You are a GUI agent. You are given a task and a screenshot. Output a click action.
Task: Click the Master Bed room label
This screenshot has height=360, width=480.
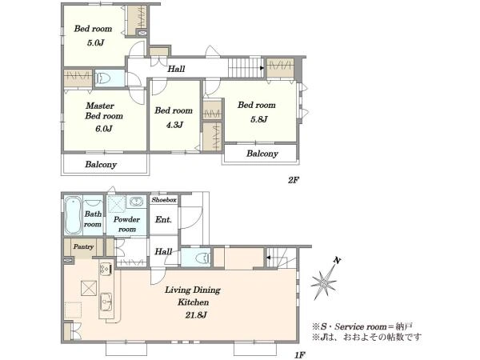(104, 111)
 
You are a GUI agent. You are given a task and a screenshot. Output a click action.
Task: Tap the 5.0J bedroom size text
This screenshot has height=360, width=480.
(95, 42)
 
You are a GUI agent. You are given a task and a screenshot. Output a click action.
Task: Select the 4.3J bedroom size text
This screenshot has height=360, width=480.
(174, 125)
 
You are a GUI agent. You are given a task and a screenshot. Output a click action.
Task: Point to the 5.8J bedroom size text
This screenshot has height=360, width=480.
(259, 119)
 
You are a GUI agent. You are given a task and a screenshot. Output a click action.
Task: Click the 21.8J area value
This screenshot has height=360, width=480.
(196, 314)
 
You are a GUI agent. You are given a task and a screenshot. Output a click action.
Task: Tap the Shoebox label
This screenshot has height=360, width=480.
(164, 200)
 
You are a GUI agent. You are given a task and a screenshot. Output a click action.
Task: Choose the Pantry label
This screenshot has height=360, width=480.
(83, 246)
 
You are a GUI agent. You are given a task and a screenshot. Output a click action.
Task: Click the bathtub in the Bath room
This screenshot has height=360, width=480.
(73, 215)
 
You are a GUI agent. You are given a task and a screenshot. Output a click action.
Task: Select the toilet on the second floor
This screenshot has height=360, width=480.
(103, 78)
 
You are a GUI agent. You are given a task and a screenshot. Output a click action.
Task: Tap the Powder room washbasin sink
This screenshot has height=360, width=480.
(136, 202)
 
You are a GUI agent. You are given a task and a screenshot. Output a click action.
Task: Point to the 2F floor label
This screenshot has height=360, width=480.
(293, 180)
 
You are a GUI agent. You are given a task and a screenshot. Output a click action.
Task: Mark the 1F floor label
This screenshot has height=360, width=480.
(300, 355)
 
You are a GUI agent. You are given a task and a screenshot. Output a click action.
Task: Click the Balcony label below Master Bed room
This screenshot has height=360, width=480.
(101, 165)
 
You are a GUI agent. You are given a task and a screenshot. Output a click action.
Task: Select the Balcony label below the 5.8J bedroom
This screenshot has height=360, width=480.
(262, 154)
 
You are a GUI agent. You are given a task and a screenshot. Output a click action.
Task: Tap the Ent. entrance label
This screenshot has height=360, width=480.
(163, 219)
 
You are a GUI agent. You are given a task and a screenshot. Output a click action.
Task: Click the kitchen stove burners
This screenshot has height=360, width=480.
(106, 270)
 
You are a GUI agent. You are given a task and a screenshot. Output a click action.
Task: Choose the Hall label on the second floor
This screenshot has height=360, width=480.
(176, 69)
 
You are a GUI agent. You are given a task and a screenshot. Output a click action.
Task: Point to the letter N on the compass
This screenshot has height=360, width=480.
(337, 261)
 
